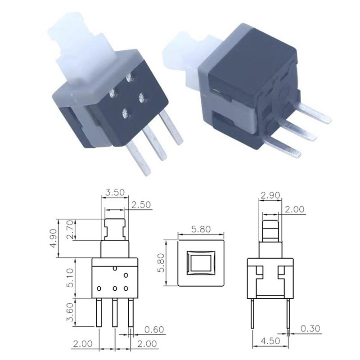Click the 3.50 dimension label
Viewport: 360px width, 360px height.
point(114,193)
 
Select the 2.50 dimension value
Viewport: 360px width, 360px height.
point(141,205)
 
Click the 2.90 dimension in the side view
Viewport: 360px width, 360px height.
point(270,195)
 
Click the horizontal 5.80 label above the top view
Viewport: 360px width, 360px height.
point(201,229)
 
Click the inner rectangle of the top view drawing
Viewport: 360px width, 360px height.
point(201,263)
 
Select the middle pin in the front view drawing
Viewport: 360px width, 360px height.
point(115,312)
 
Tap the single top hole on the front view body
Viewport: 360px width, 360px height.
point(115,269)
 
